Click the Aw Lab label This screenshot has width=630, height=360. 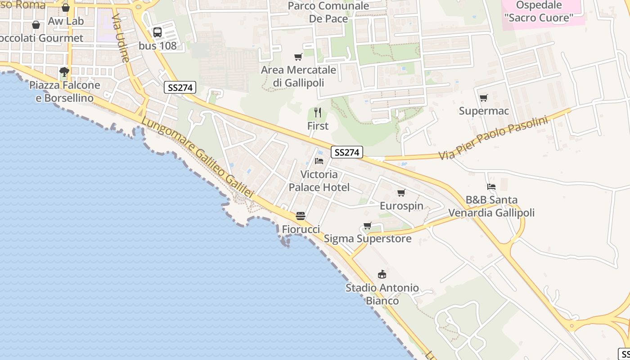point(66,21)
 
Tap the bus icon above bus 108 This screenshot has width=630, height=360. point(157,32)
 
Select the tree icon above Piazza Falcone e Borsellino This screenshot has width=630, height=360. point(64,72)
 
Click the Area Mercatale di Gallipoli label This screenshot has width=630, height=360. point(298,76)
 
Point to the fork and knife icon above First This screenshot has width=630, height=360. point(318,112)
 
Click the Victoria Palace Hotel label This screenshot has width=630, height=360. point(319,181)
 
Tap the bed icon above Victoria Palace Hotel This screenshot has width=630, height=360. point(319,161)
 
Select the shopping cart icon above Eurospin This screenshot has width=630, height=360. point(401,193)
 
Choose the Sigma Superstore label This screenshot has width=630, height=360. point(368,238)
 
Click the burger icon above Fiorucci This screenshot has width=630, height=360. point(301,216)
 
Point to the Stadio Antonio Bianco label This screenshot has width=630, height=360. point(382,294)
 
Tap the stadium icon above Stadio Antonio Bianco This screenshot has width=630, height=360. point(382,274)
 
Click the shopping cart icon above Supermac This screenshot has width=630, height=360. point(484,98)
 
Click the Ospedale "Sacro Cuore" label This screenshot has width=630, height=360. point(539,12)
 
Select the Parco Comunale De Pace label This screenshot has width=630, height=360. point(328,12)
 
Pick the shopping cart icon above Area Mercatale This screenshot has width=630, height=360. point(298,57)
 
